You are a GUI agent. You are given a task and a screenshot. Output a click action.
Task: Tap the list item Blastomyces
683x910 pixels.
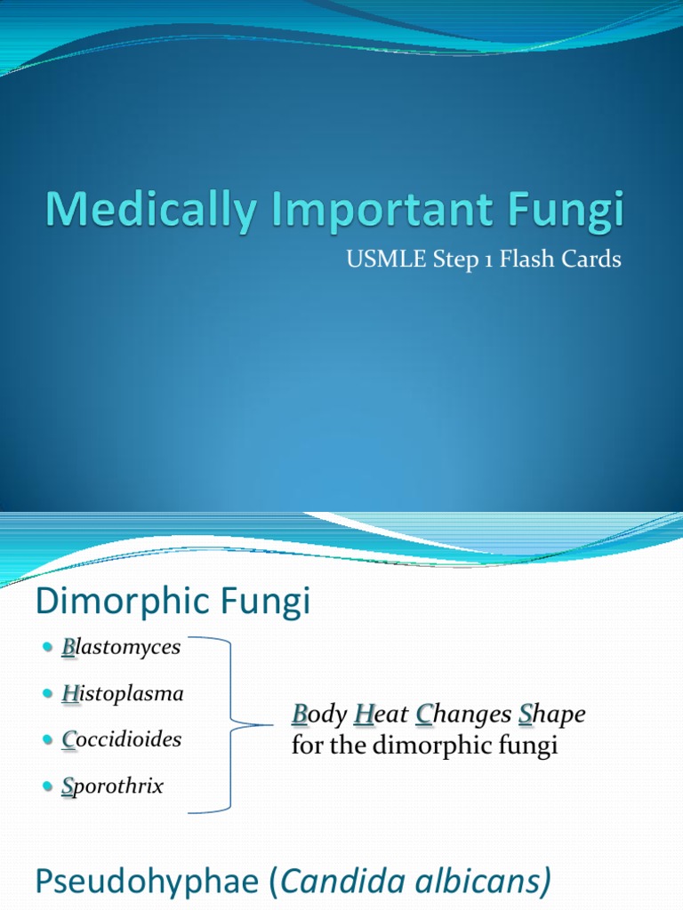(121, 648)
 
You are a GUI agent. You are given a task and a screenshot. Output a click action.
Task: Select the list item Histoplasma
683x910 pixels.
(122, 694)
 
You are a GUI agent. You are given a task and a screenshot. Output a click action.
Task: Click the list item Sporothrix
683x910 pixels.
(112, 786)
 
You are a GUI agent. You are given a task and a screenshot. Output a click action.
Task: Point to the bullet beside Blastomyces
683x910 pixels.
(48, 648)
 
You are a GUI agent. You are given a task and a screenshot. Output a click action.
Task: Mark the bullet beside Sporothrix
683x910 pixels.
(48, 786)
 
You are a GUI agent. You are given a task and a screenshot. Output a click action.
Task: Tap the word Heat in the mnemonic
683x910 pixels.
(382, 714)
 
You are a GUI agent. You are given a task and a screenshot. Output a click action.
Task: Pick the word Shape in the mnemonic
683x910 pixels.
(552, 714)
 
